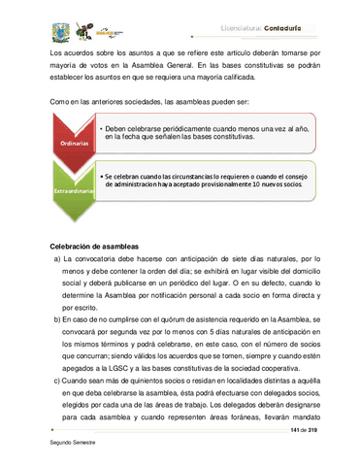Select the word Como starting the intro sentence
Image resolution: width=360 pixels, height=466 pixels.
57,101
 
